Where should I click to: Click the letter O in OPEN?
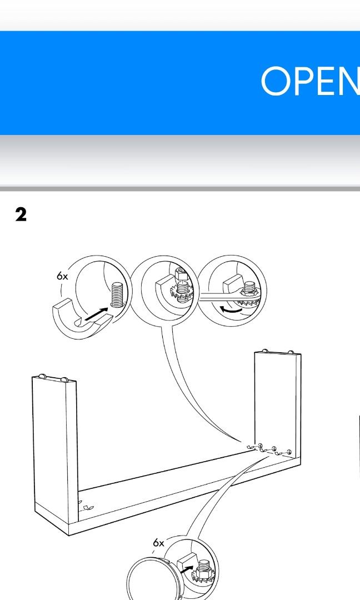point(276,81)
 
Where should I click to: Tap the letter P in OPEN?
point(307,81)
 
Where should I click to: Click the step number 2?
point(21,214)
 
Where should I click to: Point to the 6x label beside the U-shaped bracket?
point(62,276)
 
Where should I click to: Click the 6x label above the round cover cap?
point(158,543)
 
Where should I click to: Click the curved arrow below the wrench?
point(231,309)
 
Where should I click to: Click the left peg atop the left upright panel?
point(42,376)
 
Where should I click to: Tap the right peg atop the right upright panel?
point(291,352)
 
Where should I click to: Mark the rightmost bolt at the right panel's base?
point(289,452)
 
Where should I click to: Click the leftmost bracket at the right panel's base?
point(251,447)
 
